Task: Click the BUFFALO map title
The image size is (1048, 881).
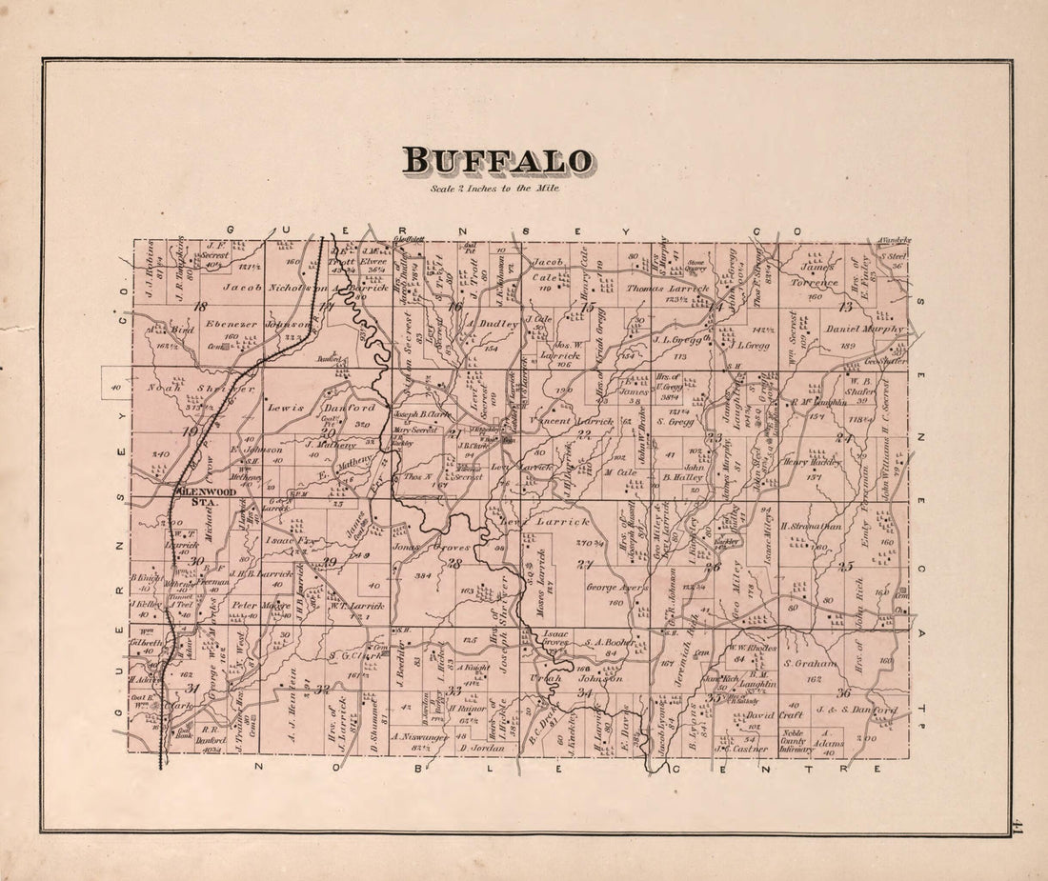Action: pyautogui.click(x=496, y=161)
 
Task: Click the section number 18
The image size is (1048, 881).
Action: pyautogui.click(x=199, y=307)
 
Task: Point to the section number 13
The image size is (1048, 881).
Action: pyautogui.click(x=844, y=307)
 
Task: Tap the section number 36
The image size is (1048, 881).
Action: pyautogui.click(x=843, y=692)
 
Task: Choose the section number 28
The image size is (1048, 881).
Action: pyautogui.click(x=455, y=564)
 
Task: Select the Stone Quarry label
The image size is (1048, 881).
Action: pyautogui.click(x=695, y=265)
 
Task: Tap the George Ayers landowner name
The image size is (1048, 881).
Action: pyautogui.click(x=616, y=588)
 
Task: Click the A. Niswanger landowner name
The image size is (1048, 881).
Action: pyautogui.click(x=420, y=735)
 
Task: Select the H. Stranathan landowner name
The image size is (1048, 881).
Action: pyautogui.click(x=811, y=525)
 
